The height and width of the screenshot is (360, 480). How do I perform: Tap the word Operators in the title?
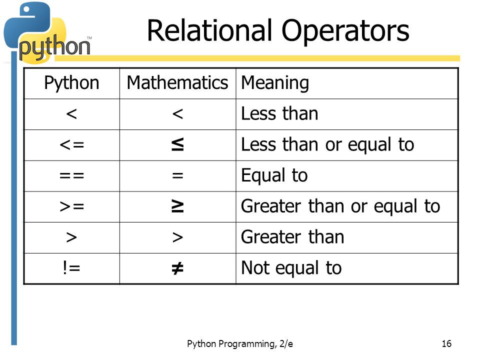345,31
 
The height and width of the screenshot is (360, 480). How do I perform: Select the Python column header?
71,83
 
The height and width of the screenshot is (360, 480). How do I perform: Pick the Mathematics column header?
177,83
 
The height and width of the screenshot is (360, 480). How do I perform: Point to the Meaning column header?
275,83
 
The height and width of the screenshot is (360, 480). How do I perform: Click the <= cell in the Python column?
71,145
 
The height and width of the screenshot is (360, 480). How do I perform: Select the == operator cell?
71,176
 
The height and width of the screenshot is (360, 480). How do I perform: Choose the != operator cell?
71,268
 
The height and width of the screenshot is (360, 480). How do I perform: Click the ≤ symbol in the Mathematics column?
177,145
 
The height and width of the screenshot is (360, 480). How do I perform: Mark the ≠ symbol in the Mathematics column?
177,268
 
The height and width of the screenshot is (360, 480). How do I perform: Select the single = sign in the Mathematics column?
177,176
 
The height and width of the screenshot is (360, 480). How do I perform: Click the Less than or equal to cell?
327,145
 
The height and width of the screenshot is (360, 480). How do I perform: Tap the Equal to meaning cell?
274,176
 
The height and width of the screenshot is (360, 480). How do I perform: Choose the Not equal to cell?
291,268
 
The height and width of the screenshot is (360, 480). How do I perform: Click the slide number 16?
446,343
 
